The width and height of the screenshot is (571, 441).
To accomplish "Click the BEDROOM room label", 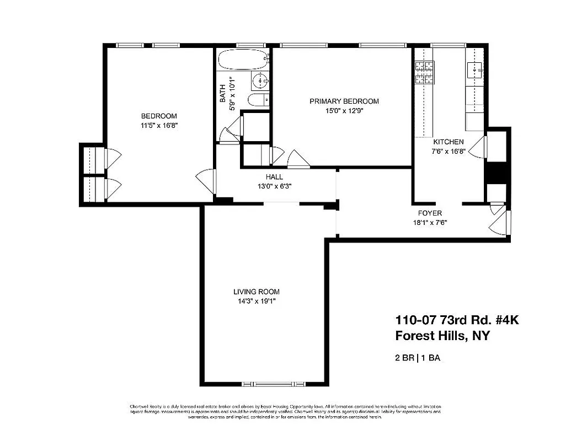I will pyautogui.click(x=159, y=116).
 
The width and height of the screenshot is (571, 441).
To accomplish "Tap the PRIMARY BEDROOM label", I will pyautogui.click(x=344, y=101).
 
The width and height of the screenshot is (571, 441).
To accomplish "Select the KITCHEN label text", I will pyautogui.click(x=448, y=142).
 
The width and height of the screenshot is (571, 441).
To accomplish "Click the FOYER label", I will pyautogui.click(x=430, y=213).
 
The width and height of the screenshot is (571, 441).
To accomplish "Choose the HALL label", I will pyautogui.click(x=274, y=177).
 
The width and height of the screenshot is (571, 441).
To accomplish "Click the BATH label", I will pyautogui.click(x=222, y=93).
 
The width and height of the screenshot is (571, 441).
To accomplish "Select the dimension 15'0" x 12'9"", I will pyautogui.click(x=344, y=110).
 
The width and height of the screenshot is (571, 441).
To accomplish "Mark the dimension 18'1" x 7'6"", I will pyautogui.click(x=430, y=223).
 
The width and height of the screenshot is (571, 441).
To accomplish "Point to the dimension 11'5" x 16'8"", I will pyautogui.click(x=159, y=125).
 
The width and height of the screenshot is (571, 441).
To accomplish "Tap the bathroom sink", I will pyautogui.click(x=259, y=82).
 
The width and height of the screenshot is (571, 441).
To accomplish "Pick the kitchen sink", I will pyautogui.click(x=475, y=71).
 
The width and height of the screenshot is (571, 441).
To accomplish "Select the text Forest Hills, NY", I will pyautogui.click(x=442, y=336).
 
